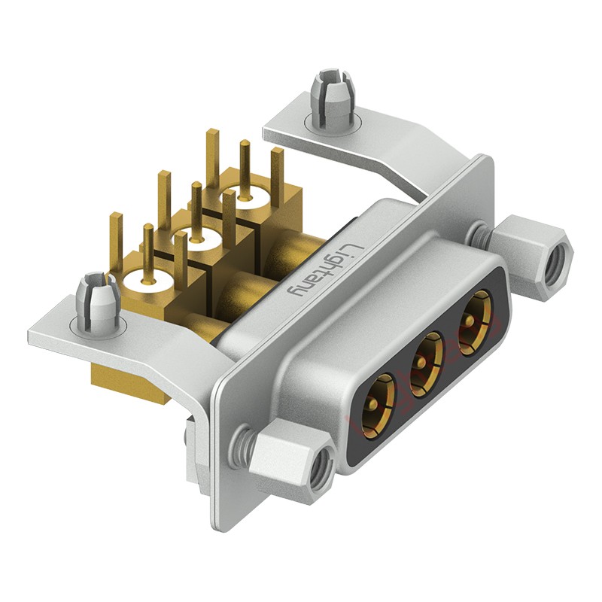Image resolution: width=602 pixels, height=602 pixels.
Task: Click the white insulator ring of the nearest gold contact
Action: pyautogui.click(x=147, y=281)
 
